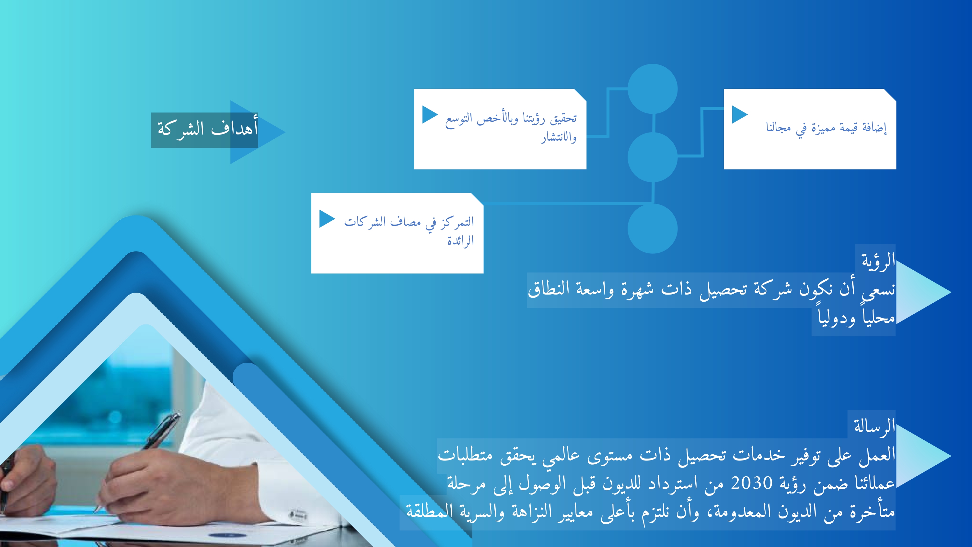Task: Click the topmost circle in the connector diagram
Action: coord(653,89)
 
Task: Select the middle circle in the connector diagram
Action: coord(653,157)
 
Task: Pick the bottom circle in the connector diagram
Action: coord(653,228)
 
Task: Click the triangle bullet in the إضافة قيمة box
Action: coord(740,114)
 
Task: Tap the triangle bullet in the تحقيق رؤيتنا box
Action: coord(430,114)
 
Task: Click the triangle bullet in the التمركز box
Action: coord(327,219)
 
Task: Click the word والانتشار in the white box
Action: coord(559,137)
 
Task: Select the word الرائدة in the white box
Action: coord(460,240)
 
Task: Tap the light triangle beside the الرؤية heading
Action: coord(921,292)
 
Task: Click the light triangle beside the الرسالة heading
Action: coord(921,456)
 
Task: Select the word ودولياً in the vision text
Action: coord(836,318)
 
